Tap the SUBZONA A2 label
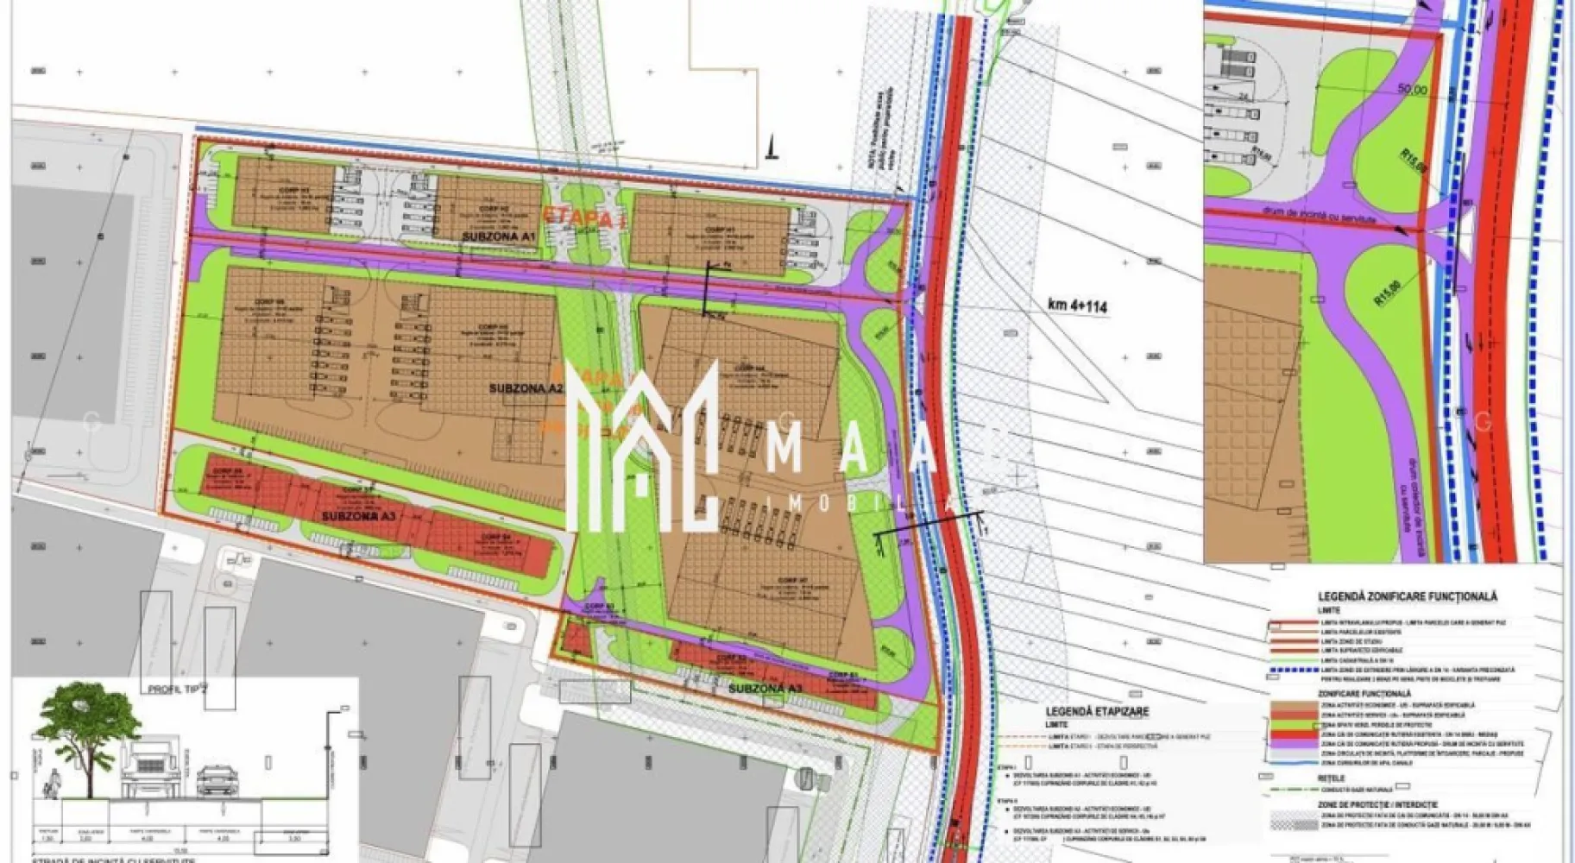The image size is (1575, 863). click(526, 388)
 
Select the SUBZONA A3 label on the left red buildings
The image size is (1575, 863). click(358, 516)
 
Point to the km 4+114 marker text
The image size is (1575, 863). click(1077, 306)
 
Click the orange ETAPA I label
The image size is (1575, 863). click(583, 217)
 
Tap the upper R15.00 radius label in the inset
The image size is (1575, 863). click(1413, 163)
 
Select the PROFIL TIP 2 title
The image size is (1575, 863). click(178, 689)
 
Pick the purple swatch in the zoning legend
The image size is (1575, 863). click(1294, 743)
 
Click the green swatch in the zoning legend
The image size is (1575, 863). click(1294, 724)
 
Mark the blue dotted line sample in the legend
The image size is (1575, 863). click(1294, 670)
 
